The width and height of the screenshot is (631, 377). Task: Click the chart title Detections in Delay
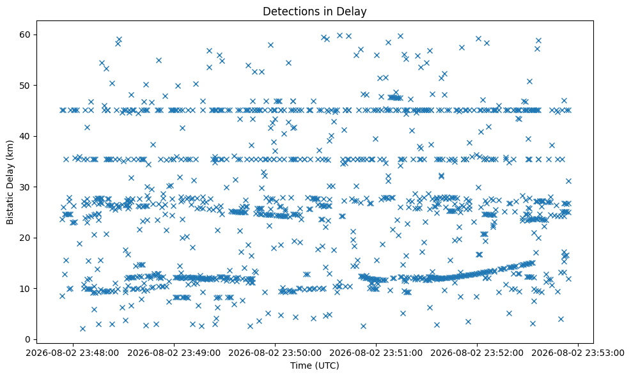(x=315, y=12)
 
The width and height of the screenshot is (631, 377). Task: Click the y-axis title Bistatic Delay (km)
(x=10, y=182)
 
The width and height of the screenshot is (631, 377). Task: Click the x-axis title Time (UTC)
(x=315, y=365)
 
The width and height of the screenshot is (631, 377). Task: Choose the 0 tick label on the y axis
(x=28, y=339)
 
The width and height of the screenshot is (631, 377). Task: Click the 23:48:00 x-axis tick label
(x=73, y=353)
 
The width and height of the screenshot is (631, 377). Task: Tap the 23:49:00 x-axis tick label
(x=175, y=353)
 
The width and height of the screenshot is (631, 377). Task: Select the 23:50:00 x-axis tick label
(x=276, y=353)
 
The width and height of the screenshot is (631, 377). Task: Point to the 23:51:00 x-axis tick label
(x=377, y=353)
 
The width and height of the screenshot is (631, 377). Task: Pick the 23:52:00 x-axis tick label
(x=478, y=353)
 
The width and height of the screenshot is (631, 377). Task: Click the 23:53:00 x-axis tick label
(x=579, y=353)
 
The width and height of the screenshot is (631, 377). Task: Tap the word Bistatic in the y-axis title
(x=10, y=207)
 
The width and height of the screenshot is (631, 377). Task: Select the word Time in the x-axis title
(x=299, y=365)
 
